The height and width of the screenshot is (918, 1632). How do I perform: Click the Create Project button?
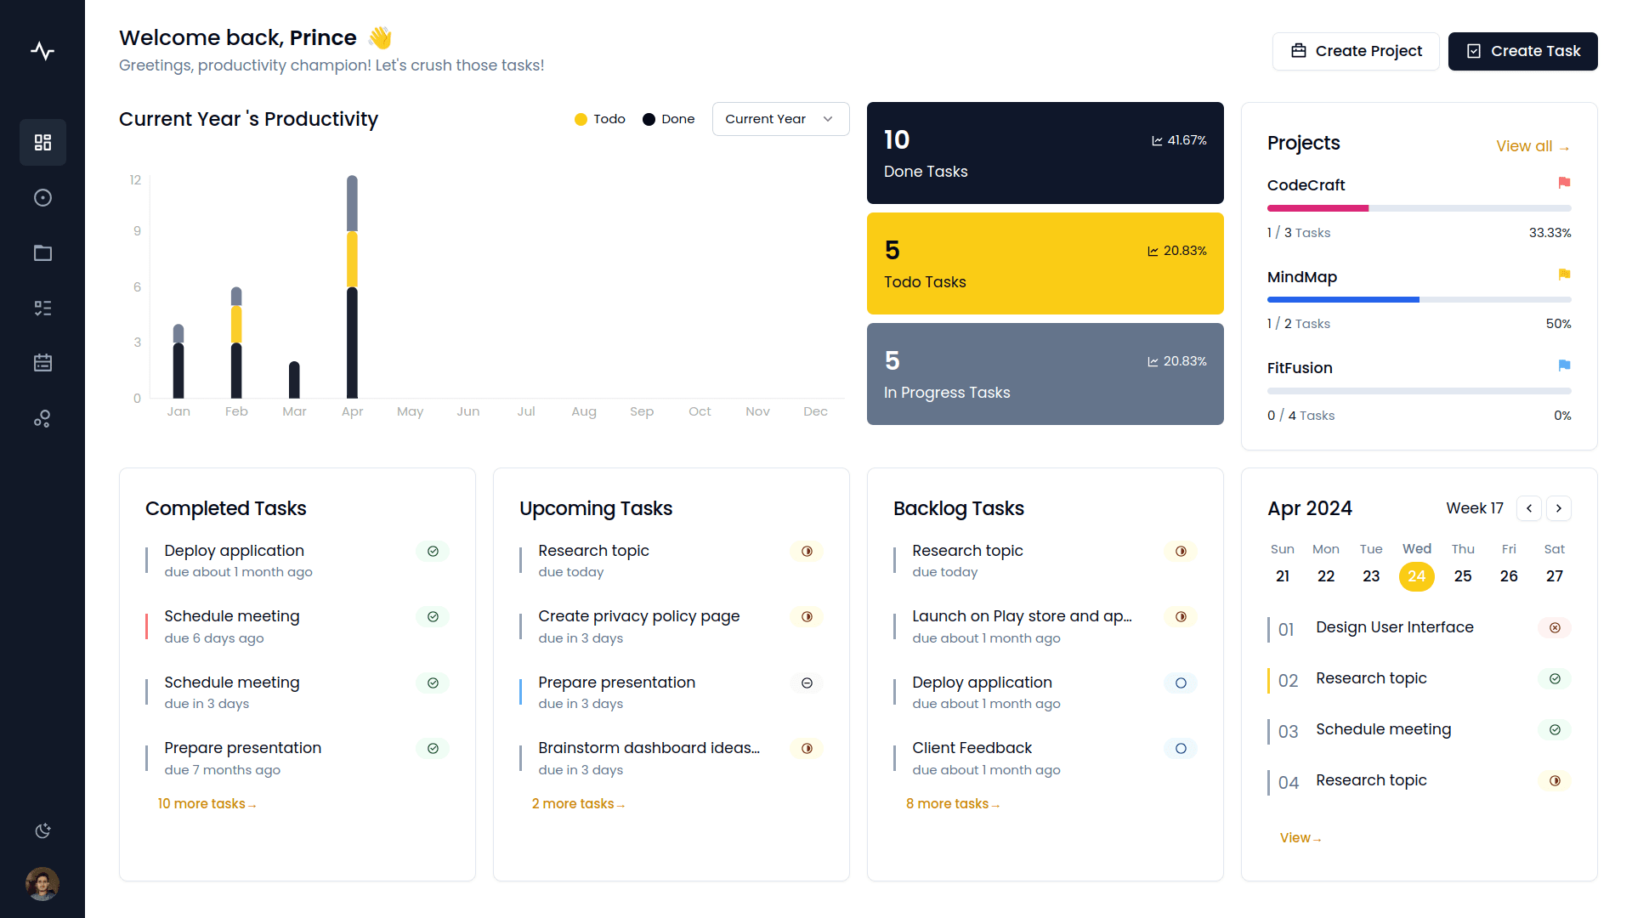[x=1355, y=51]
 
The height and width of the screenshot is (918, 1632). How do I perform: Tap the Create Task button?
[x=1522, y=51]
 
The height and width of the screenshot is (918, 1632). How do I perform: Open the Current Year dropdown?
[x=780, y=119]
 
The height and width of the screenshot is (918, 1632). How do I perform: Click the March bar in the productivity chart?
[x=294, y=380]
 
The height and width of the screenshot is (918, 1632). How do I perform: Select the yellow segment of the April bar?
[x=352, y=259]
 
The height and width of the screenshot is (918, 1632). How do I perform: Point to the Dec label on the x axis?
[x=815, y=411]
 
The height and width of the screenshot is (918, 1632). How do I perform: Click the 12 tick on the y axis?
[x=135, y=180]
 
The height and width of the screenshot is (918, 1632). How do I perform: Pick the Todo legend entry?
[x=600, y=119]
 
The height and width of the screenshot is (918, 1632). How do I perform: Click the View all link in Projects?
[x=1532, y=146]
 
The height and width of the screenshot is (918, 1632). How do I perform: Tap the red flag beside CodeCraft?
[x=1564, y=183]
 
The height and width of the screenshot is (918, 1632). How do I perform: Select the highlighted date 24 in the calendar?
[x=1416, y=576]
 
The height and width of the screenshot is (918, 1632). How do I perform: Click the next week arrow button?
[x=1558, y=508]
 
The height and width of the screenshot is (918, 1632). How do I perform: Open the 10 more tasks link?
[x=207, y=804]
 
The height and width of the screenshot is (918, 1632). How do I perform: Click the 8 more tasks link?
[x=952, y=804]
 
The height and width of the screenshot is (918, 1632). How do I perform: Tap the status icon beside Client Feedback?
[x=1181, y=749]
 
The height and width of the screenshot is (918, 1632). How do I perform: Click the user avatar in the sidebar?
[x=42, y=884]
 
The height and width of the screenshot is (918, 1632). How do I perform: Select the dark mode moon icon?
[x=42, y=830]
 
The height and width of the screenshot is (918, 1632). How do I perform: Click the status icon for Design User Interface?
[x=1555, y=628]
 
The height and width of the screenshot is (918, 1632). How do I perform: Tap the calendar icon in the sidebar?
[x=42, y=363]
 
